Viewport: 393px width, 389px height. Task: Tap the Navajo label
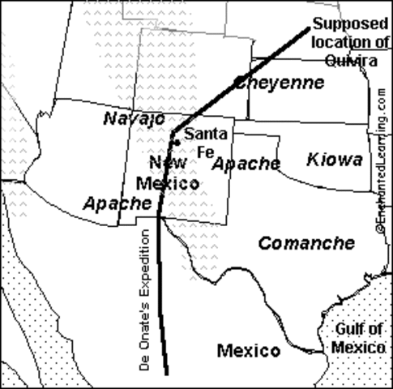pos(135,119)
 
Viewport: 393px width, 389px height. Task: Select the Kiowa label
pos(335,160)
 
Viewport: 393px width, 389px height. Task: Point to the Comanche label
pos(306,242)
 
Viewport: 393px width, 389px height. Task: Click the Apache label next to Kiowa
pos(246,163)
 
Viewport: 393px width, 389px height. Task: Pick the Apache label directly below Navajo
pos(117,203)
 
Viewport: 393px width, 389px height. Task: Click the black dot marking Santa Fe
pos(177,142)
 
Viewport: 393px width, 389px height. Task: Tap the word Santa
pos(205,134)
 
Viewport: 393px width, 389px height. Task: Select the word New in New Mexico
pos(168,163)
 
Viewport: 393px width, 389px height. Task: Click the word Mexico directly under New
pos(167,183)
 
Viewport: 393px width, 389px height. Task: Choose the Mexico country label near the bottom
pos(249,350)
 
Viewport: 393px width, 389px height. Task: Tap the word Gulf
pos(348,330)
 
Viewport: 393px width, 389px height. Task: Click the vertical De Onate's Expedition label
pos(145,299)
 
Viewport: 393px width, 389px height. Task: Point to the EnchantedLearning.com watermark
pos(380,162)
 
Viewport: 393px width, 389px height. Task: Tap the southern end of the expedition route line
pos(167,372)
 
